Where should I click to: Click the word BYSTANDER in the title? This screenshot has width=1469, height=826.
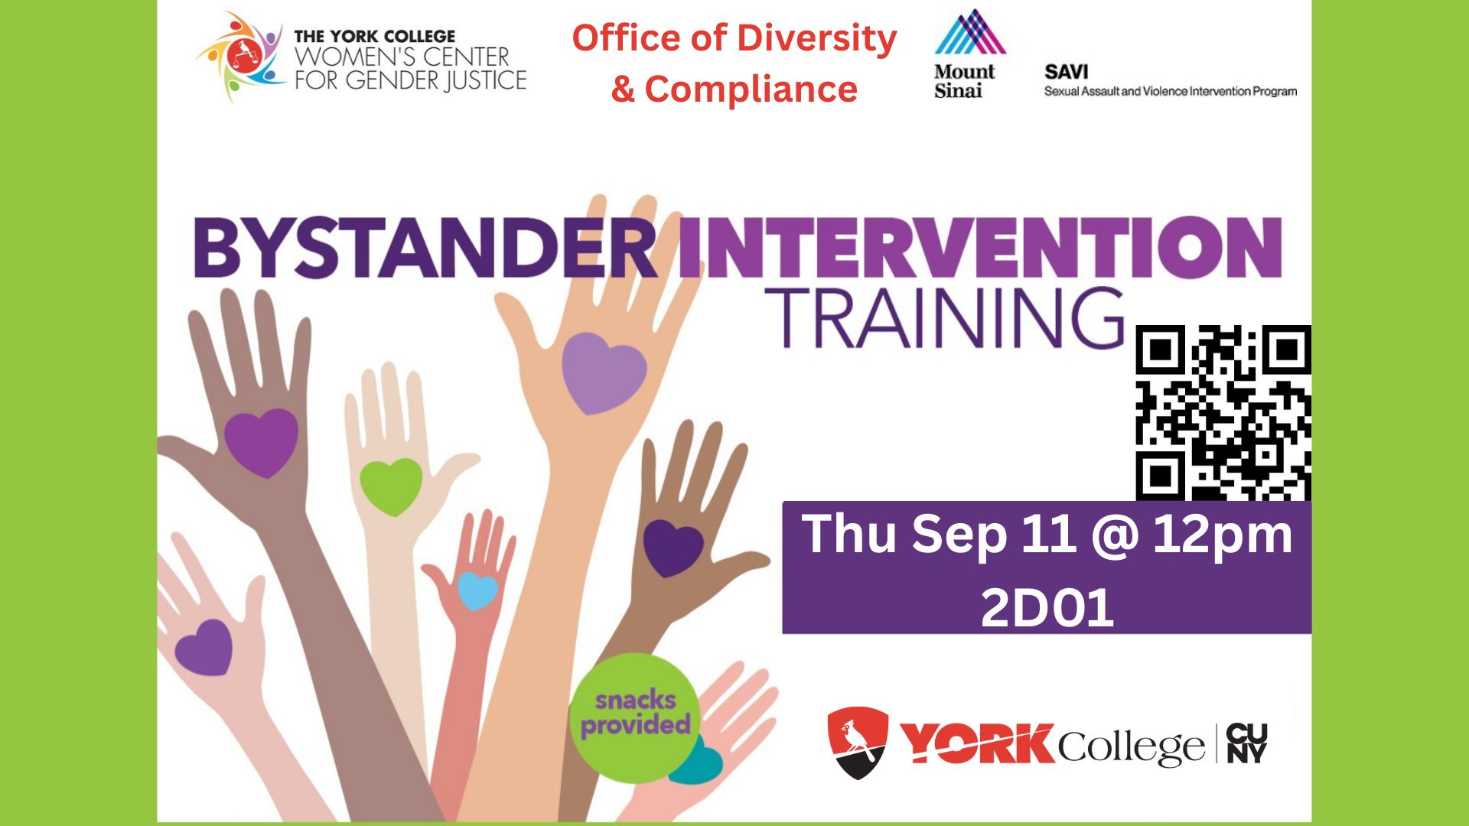point(425,248)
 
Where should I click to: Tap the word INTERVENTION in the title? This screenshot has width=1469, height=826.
point(980,247)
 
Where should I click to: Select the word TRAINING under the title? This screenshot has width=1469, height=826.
point(945,318)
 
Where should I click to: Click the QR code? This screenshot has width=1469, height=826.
point(1223,413)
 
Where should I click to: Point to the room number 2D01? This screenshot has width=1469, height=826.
point(1047,608)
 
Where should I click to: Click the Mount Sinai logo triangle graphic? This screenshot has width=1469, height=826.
point(970,32)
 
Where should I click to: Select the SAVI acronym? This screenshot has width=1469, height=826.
point(1066,72)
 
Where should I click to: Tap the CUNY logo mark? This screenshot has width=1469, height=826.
point(1246,743)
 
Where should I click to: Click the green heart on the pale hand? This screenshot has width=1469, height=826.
point(391,486)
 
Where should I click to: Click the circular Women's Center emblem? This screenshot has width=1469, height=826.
point(241,57)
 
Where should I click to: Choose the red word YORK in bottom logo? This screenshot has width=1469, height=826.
point(977,743)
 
